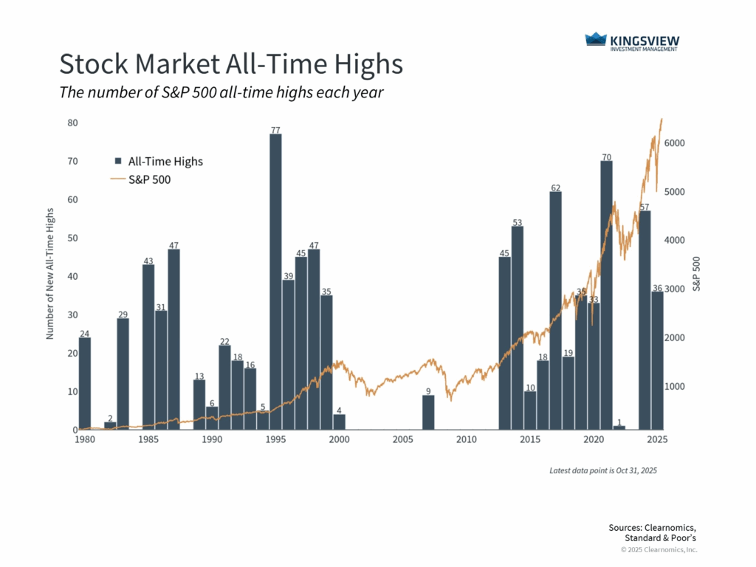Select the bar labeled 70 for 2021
pos(606,295)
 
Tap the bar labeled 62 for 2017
pos(555,310)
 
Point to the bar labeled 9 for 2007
pos(428,413)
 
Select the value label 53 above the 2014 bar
pos(518,222)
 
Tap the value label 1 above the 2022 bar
pos(619,422)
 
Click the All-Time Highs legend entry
pos(158,161)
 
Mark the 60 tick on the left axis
pos(72,199)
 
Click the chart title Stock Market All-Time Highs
pos(231,64)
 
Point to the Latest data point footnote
pos(603,470)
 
